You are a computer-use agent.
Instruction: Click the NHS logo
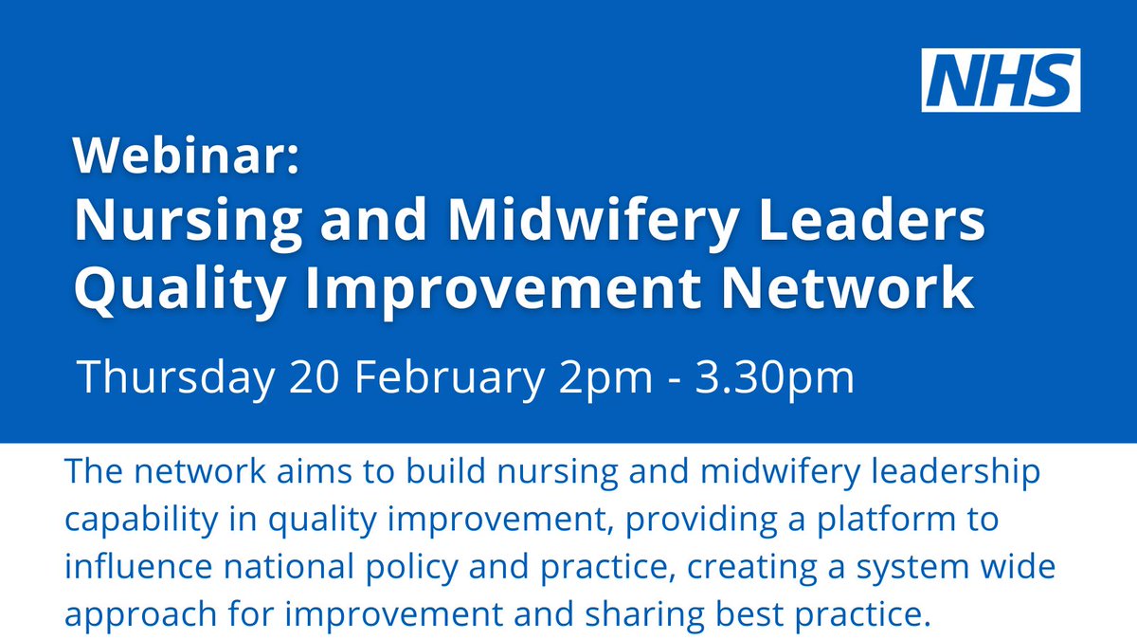tap(1002, 81)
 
